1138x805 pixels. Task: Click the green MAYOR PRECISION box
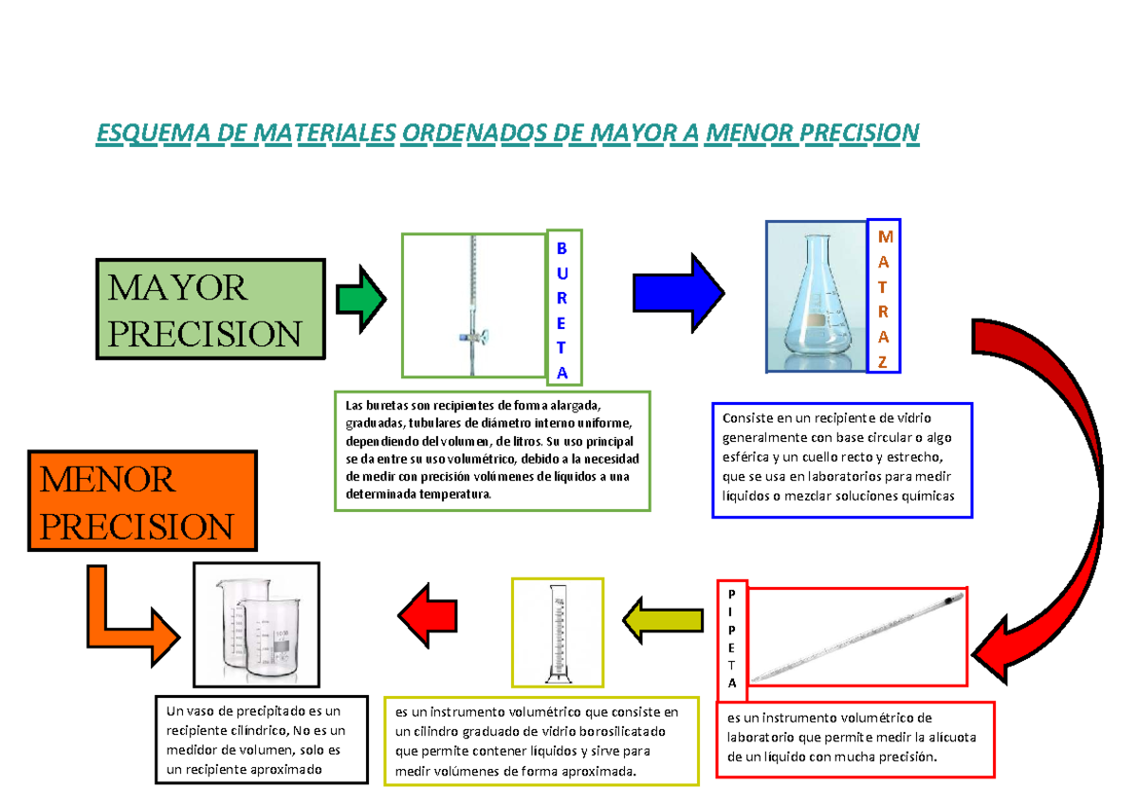coord(210,309)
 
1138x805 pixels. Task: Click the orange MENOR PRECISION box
coord(143,501)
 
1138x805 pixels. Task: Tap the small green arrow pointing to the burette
coord(360,299)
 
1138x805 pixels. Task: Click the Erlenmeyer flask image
coord(816,299)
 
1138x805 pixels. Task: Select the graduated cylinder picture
coord(557,633)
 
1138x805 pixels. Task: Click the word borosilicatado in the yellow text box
coord(615,732)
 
